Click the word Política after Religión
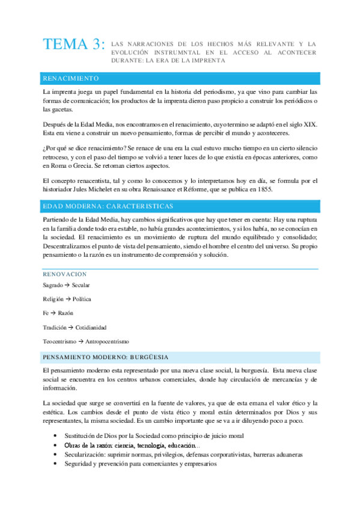point(82,299)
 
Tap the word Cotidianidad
point(91,328)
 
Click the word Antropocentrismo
point(107,342)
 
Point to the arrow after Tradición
point(71,328)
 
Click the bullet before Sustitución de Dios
point(55,435)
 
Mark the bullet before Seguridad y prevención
point(55,464)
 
